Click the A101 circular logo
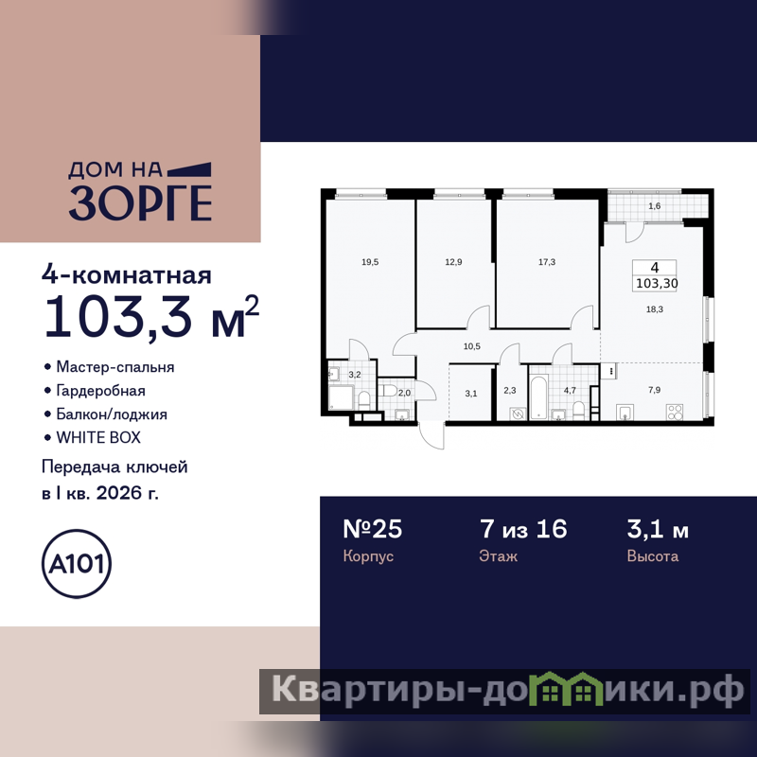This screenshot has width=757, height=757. point(77,563)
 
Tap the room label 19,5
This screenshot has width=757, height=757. point(370,262)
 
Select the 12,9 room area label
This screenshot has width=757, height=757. point(453,262)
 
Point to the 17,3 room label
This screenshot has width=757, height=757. point(547,262)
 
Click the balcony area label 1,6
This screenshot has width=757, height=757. point(654,206)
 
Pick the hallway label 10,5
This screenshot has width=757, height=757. point(471,346)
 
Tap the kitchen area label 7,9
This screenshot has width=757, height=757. point(654,390)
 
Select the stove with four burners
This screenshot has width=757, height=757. point(675,412)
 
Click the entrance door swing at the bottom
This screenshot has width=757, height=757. point(431,435)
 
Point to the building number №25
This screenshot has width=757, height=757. point(372,529)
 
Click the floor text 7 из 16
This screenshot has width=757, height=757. point(523,529)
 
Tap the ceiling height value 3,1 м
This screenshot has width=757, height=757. point(658,529)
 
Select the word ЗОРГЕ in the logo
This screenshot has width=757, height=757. point(140,202)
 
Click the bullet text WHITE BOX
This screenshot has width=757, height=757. point(98,437)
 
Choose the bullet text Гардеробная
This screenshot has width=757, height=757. point(101,391)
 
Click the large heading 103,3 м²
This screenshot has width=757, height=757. point(151,316)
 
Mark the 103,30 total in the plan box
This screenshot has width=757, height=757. point(657,283)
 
